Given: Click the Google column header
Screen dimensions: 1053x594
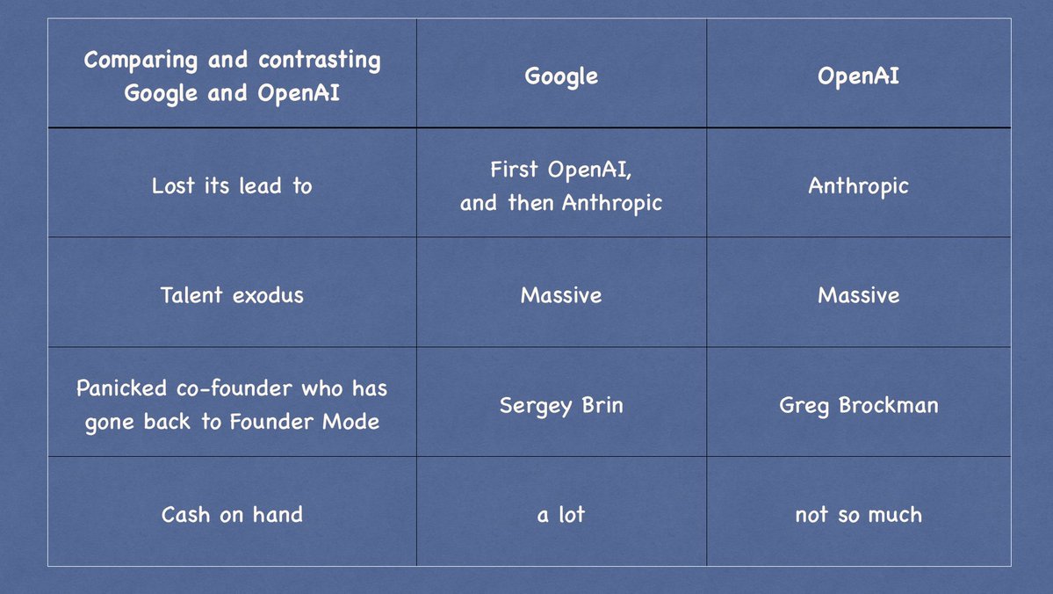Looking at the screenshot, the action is (x=561, y=76).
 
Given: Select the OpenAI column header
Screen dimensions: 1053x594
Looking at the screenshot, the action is (x=858, y=76).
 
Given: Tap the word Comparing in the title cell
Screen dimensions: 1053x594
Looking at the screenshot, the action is (x=141, y=61).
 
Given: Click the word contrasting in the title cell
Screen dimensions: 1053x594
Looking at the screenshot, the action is (x=320, y=61).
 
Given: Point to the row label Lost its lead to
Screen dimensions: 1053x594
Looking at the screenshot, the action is (x=232, y=185).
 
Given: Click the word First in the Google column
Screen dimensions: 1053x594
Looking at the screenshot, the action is (x=515, y=169).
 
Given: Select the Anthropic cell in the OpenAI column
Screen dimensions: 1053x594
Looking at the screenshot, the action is (x=858, y=186).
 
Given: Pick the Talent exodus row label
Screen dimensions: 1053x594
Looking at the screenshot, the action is (x=232, y=295).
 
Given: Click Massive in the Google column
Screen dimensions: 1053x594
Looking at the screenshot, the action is (x=561, y=295).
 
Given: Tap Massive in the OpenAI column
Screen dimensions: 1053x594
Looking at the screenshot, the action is (x=858, y=295).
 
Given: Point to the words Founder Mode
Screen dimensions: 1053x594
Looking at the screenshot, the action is (x=304, y=421).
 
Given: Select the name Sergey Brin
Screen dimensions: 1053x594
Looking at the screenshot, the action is (x=561, y=406).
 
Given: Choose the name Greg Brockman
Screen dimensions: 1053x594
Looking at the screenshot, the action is (x=858, y=406).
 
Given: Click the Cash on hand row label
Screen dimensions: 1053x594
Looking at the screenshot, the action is (x=232, y=515).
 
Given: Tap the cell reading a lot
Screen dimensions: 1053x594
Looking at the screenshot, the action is (x=561, y=515).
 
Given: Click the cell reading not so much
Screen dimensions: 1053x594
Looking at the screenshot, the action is (x=858, y=515).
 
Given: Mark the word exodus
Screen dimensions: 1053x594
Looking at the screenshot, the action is (x=269, y=295).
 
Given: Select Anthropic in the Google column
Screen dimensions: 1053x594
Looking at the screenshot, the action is (x=612, y=203).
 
